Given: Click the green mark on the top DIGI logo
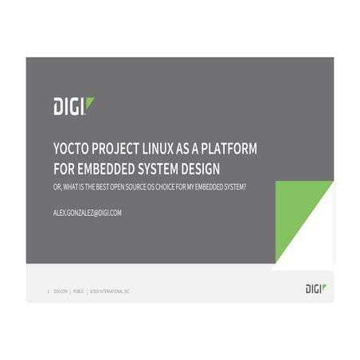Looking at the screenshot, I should [x=90, y=102].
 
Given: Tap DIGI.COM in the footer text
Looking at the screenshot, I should [x=61, y=292].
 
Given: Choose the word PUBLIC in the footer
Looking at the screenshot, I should [x=79, y=292].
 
